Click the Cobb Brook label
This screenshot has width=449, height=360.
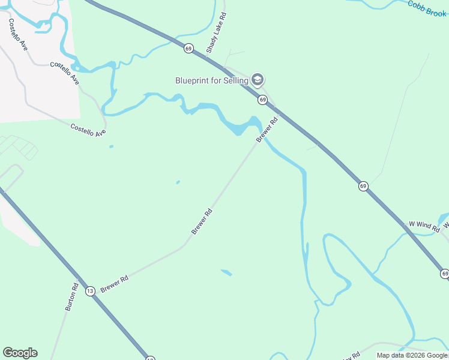click(x=427, y=8)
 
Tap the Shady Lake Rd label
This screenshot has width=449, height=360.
click(x=216, y=32)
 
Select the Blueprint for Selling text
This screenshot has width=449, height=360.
click(x=212, y=80)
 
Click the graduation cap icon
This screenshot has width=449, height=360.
click(x=258, y=80)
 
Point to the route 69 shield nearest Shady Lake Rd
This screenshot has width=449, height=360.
click(x=188, y=49)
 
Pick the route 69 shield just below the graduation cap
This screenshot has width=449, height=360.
click(x=262, y=99)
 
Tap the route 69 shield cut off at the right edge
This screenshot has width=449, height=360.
click(x=444, y=274)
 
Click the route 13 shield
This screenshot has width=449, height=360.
click(x=90, y=291)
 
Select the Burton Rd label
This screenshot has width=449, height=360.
click(x=71, y=296)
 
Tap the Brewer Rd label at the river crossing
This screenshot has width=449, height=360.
click(x=268, y=129)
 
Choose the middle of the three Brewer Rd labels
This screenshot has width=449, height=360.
click(x=202, y=221)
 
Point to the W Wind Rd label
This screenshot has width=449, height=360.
click(x=424, y=226)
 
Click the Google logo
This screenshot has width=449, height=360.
click(x=20, y=353)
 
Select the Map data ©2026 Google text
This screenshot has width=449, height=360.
click(x=412, y=355)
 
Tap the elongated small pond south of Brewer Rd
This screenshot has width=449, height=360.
click(x=226, y=273)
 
